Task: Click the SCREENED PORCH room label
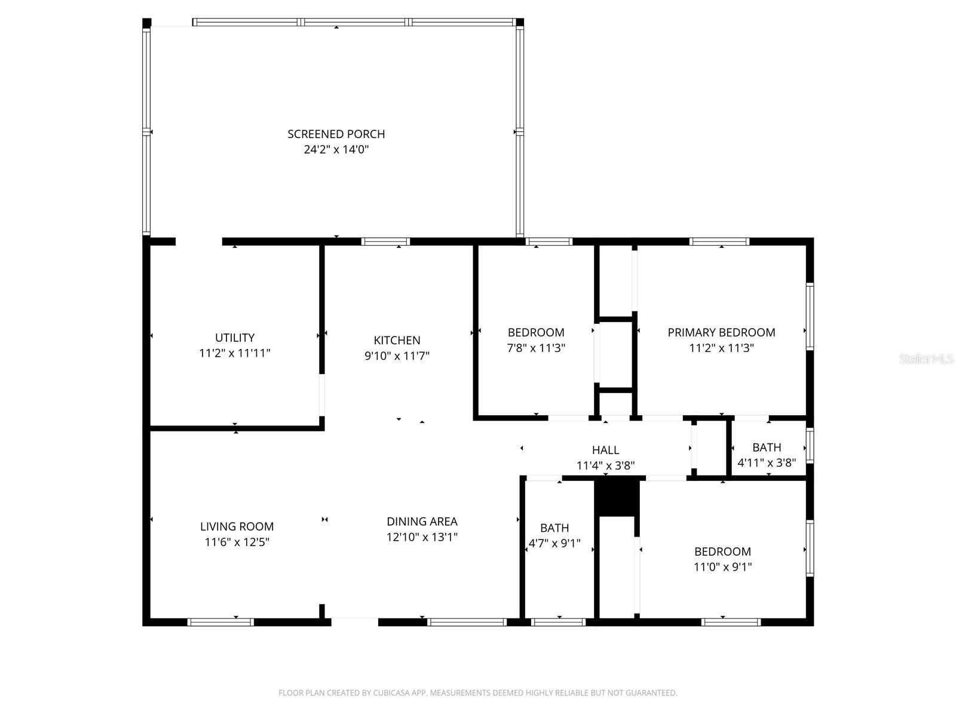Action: [336, 134]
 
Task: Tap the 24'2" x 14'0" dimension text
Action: [336, 149]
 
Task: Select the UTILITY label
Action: [235, 338]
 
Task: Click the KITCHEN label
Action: [397, 340]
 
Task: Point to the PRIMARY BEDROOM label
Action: [721, 332]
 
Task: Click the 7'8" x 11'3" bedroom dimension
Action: [536, 348]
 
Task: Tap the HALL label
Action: [605, 450]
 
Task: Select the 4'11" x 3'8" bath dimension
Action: [767, 462]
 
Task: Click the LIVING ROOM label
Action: [237, 526]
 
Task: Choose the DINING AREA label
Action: [422, 522]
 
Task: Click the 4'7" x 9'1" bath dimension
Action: [554, 544]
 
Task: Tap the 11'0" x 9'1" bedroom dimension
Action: [722, 567]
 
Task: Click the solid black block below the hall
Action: [617, 498]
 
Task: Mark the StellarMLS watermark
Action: [926, 359]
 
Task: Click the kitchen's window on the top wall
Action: [385, 242]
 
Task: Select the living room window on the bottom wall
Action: [220, 622]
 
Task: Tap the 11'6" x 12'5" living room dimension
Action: [237, 543]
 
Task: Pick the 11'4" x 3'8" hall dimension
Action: [605, 465]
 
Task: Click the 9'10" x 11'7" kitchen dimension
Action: [397, 356]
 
